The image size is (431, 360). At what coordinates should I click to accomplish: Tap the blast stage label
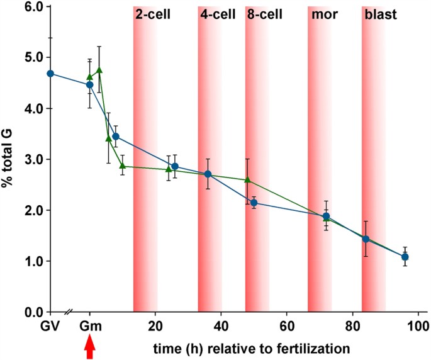[x=379, y=14]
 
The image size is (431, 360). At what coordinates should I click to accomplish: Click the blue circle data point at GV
[x=50, y=74]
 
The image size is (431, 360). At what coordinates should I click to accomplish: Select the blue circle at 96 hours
[x=405, y=257]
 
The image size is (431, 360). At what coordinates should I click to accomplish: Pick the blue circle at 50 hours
[x=254, y=203]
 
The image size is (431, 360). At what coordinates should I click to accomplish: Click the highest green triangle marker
[x=99, y=70]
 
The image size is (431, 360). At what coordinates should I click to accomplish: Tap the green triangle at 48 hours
[x=247, y=180]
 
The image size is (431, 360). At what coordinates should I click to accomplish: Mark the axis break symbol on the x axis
[x=70, y=312]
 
